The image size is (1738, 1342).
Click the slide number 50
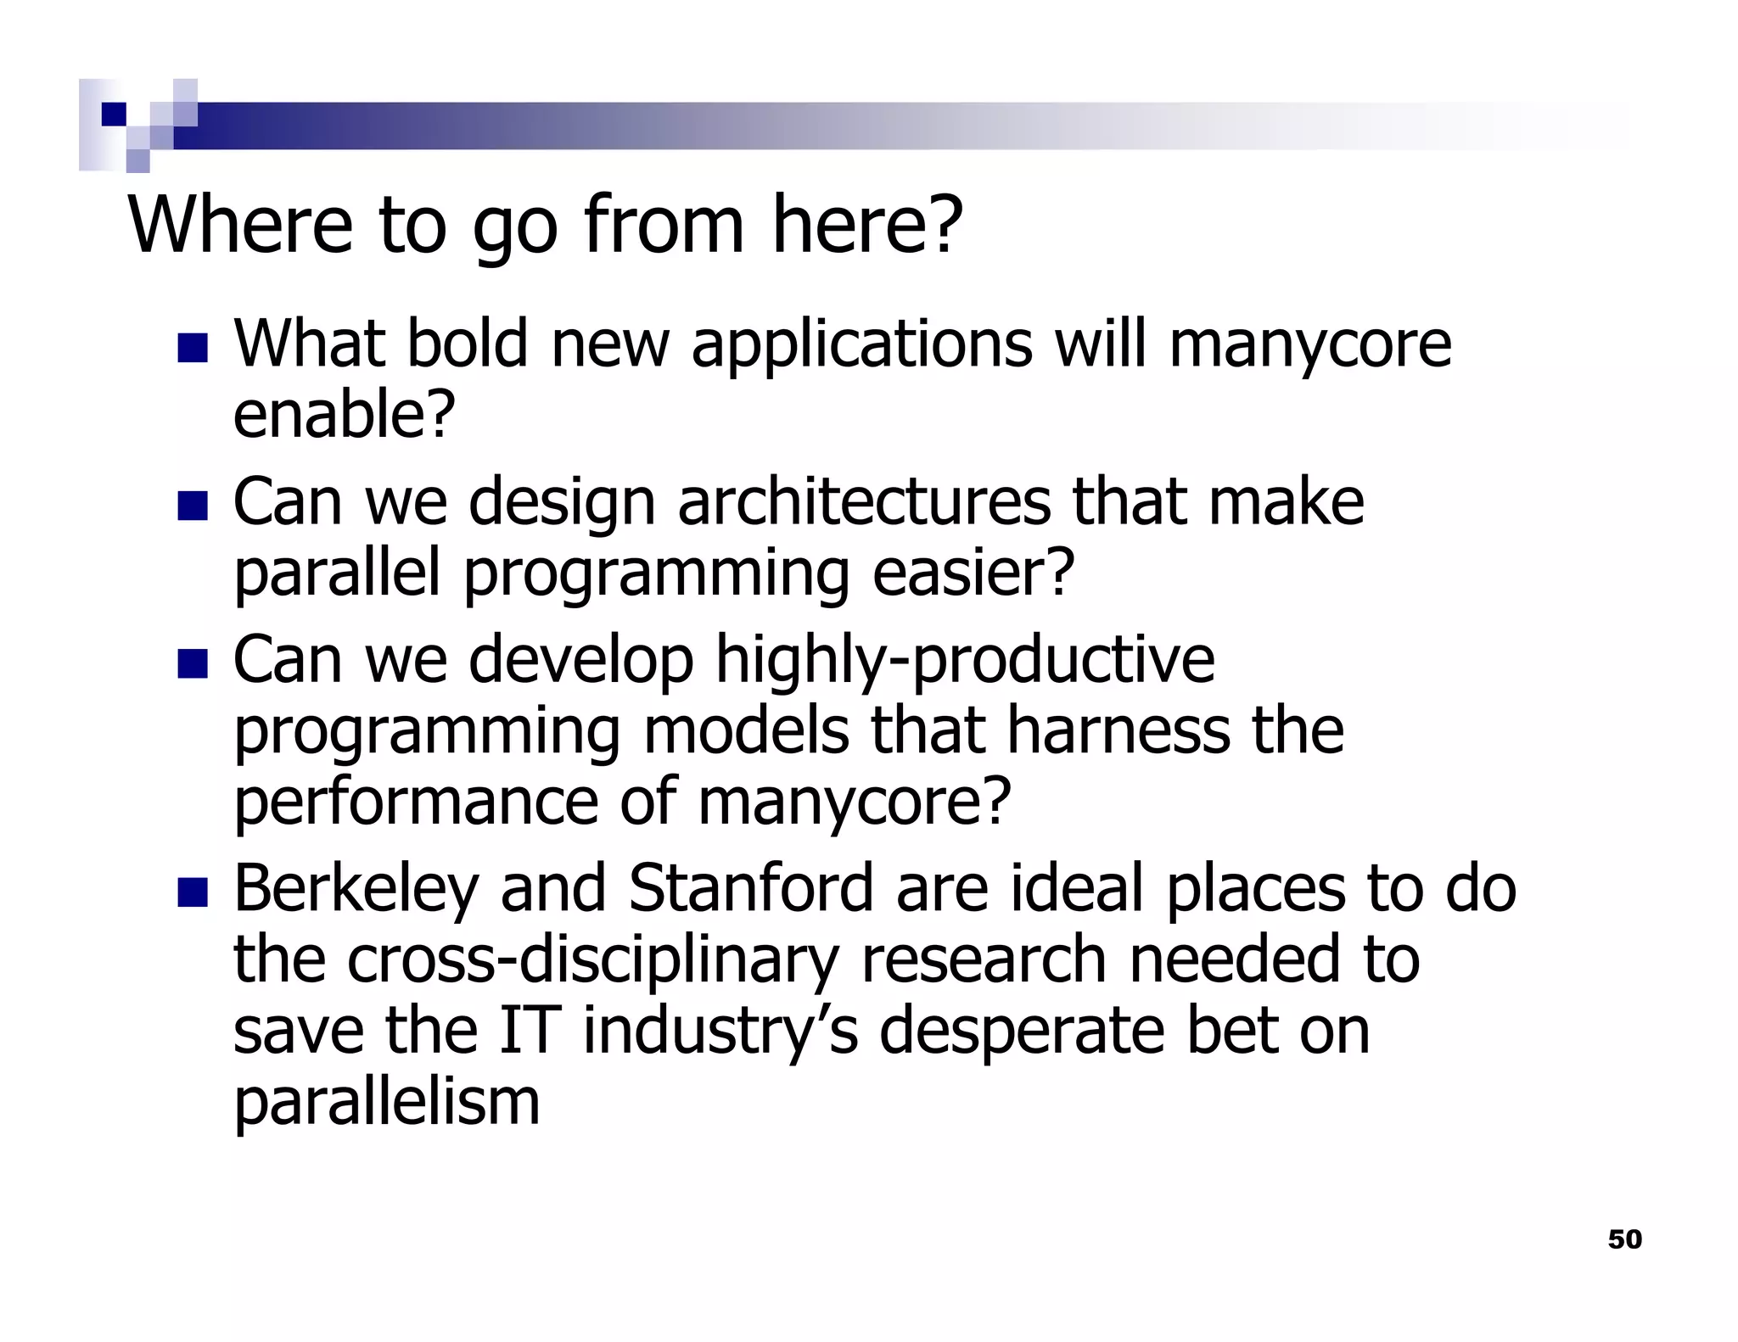pyautogui.click(x=1624, y=1239)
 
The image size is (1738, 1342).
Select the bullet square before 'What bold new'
pyautogui.click(x=193, y=349)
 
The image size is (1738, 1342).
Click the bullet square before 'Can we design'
pyautogui.click(x=193, y=506)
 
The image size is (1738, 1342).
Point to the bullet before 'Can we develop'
pyautogui.click(x=193, y=664)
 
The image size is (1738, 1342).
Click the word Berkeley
pyautogui.click(x=355, y=889)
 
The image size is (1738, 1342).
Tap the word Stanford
pyautogui.click(x=750, y=887)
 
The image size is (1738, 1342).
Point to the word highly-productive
pyautogui.click(x=965, y=661)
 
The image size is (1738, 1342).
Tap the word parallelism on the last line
pyautogui.click(x=386, y=1103)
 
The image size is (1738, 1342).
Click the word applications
pyautogui.click(x=861, y=345)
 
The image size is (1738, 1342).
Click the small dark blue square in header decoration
pyautogui.click(x=113, y=114)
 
